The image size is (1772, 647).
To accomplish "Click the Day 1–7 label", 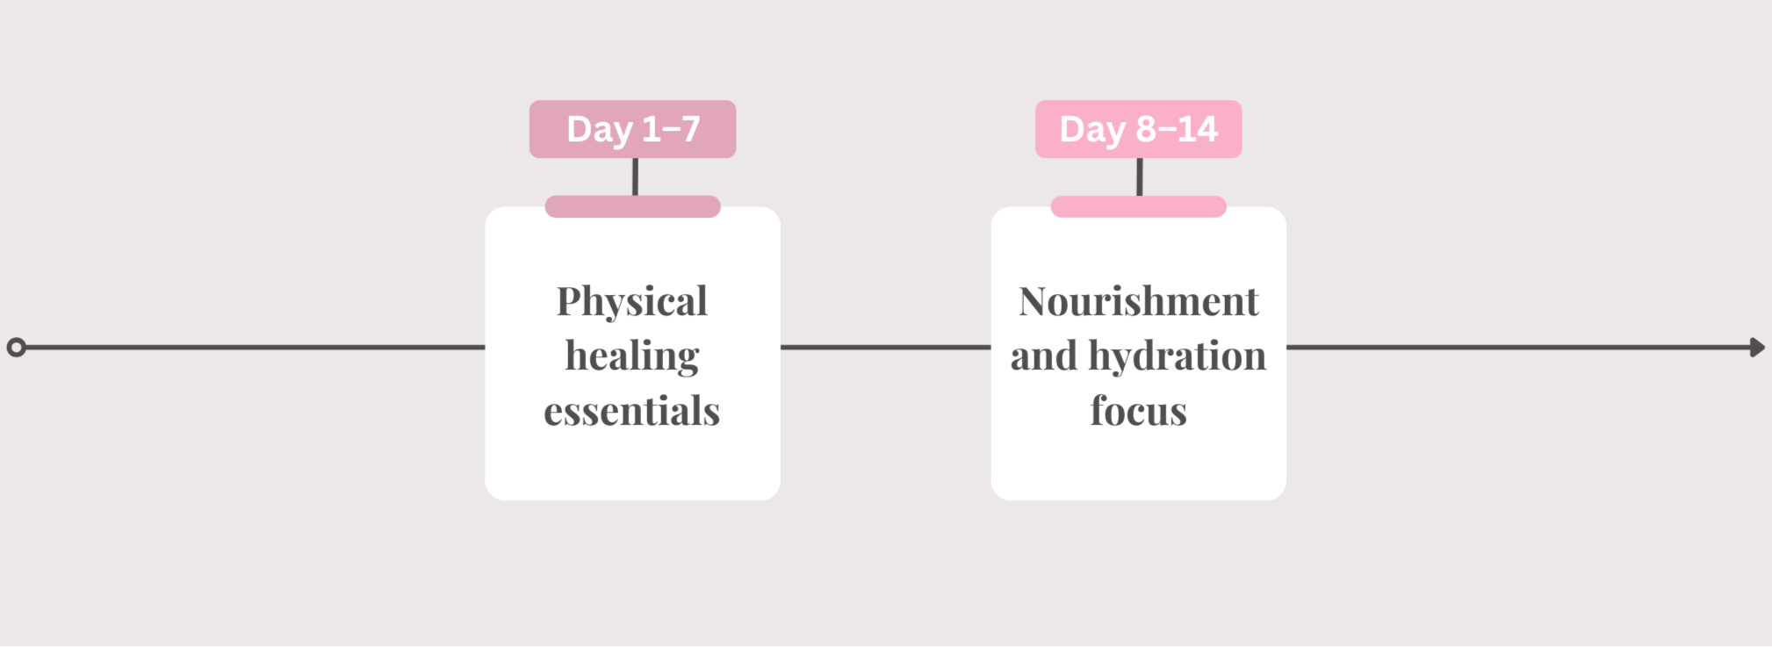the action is [x=632, y=129].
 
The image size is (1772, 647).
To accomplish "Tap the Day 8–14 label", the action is [x=1138, y=129].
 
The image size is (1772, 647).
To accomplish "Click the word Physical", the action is [x=632, y=302].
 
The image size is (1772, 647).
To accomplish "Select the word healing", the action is [x=632, y=356].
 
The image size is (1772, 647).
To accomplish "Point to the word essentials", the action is [x=632, y=411].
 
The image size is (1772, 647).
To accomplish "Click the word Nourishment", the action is [x=1139, y=301].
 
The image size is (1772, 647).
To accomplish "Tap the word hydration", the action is [x=1178, y=356].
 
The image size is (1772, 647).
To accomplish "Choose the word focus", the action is [x=1139, y=410].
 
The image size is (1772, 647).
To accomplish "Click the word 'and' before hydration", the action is [x=1044, y=356].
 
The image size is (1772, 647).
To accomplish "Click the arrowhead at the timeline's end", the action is [x=1757, y=348].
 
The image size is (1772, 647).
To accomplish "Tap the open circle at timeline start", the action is [x=16, y=348].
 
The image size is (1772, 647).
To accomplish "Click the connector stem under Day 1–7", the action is [x=635, y=176].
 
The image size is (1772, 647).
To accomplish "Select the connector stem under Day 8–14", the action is [x=1140, y=176].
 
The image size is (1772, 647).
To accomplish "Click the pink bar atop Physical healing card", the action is [x=632, y=206].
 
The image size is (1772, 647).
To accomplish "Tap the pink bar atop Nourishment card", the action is [x=1138, y=206].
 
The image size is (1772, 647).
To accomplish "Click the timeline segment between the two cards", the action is [x=886, y=348].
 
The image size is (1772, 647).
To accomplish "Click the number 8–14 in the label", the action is [x=1177, y=129].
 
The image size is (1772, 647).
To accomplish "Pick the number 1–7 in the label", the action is [x=671, y=129].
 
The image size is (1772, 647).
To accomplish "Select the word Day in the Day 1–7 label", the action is [x=600, y=130].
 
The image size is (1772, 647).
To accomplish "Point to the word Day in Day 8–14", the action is [x=1093, y=130].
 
